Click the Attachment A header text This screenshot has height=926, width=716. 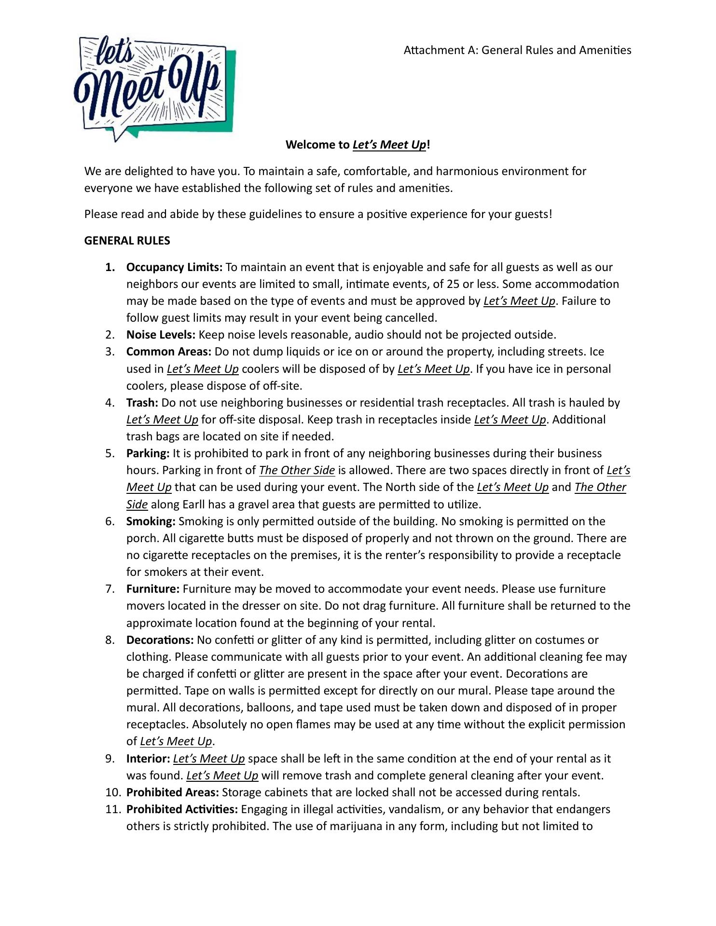click(x=517, y=50)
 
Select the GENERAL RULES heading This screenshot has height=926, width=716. click(x=127, y=241)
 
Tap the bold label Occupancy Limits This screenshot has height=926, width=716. click(x=174, y=267)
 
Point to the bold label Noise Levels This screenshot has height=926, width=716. click(x=161, y=335)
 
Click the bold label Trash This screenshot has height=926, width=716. click(x=142, y=403)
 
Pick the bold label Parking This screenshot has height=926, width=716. click(x=148, y=453)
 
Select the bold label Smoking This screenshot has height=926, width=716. click(x=151, y=521)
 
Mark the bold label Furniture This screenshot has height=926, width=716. click(x=153, y=589)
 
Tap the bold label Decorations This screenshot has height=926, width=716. click(x=160, y=640)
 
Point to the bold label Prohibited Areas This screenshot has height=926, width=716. click(x=172, y=792)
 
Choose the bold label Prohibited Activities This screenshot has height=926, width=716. click(x=182, y=809)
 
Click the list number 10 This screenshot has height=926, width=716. click(x=113, y=792)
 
